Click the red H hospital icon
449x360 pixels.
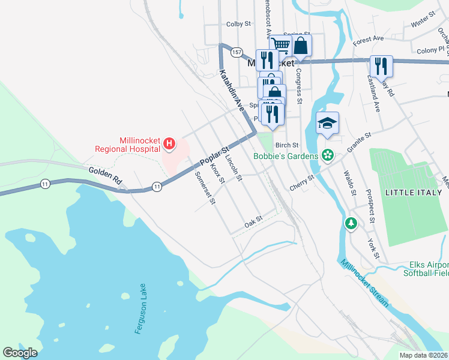coord(169,143)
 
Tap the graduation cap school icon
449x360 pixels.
coord(327,123)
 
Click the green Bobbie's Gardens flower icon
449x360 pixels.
coord(327,156)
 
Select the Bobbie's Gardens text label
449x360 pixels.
coord(285,156)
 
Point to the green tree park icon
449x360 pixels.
coord(351,223)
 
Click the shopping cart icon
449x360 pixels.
coord(280,44)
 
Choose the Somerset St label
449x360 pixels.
coord(205,188)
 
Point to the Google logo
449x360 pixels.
coord(20,353)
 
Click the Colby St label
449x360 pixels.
coord(238,25)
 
